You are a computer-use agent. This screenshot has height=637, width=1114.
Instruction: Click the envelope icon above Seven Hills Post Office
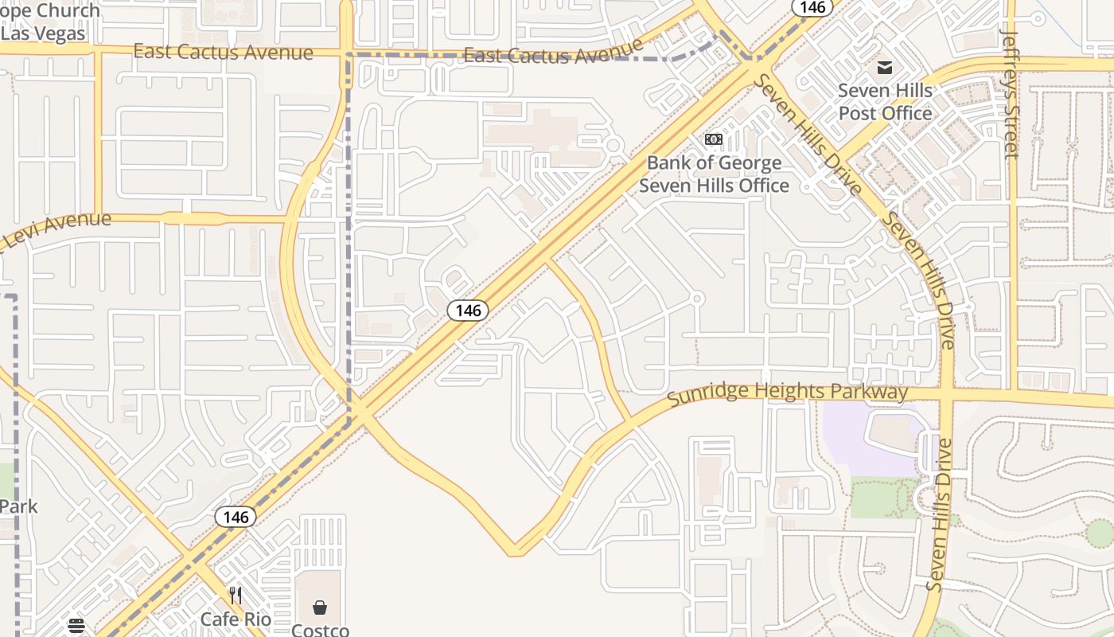click(x=885, y=67)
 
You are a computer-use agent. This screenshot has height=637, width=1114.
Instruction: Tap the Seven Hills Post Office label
click(x=885, y=102)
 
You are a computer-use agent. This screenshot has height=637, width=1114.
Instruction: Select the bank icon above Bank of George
click(x=714, y=139)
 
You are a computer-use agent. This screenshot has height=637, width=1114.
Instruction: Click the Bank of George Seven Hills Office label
click(x=714, y=174)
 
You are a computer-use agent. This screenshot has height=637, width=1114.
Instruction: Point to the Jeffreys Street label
click(x=1011, y=94)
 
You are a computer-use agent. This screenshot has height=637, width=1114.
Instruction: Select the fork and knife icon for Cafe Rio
click(x=236, y=596)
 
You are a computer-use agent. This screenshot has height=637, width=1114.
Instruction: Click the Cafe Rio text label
click(x=236, y=619)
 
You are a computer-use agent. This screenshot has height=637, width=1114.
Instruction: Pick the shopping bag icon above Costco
click(x=320, y=608)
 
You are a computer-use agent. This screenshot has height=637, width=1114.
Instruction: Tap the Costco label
click(x=320, y=630)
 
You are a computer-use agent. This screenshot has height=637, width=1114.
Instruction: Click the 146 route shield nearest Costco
click(x=236, y=517)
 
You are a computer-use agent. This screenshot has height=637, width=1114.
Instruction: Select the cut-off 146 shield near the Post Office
click(x=812, y=7)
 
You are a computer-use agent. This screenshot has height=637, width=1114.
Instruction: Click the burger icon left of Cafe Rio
click(x=76, y=626)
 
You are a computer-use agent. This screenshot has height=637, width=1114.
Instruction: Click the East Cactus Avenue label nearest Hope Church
click(x=223, y=53)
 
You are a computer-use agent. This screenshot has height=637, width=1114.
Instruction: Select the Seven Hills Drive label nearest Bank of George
click(x=807, y=135)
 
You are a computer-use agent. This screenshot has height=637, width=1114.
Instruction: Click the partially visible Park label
click(x=18, y=506)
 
